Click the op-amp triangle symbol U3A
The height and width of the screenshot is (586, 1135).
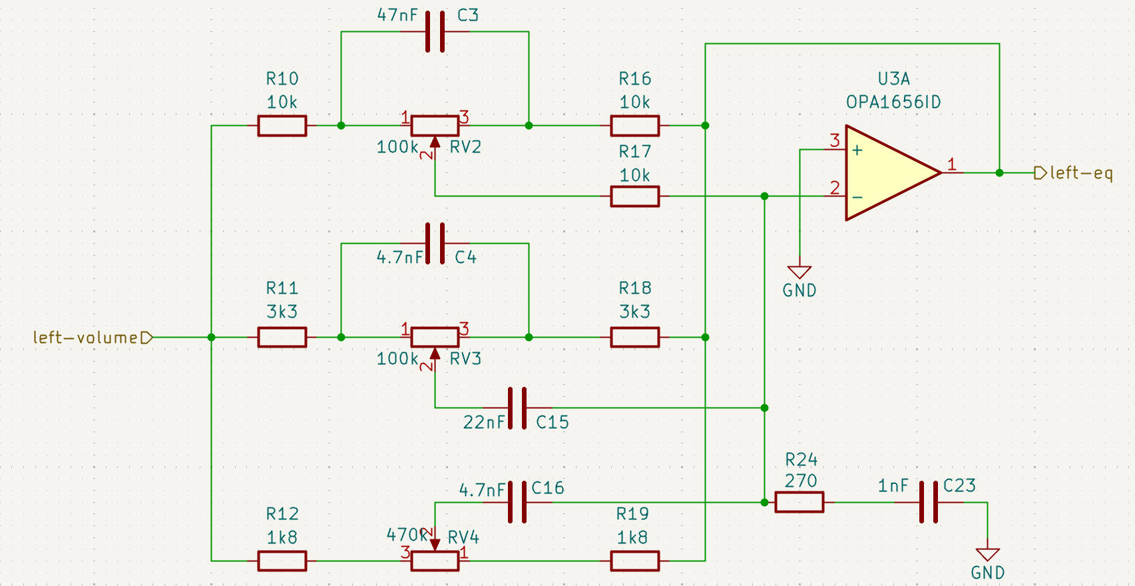[x=889, y=172]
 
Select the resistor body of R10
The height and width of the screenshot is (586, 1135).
[x=282, y=126]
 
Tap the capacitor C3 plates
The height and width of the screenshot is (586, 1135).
[x=435, y=31]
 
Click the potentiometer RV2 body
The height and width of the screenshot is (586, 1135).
[x=435, y=126]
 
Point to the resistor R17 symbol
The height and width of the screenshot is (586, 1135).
[x=635, y=196]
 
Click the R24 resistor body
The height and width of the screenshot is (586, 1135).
[x=799, y=502]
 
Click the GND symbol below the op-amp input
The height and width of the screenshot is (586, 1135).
[x=799, y=272]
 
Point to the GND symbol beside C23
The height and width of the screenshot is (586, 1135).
[x=988, y=555]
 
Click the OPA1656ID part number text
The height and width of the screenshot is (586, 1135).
[x=893, y=103]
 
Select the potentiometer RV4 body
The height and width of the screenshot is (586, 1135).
[x=435, y=561]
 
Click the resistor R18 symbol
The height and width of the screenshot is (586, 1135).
[x=635, y=338]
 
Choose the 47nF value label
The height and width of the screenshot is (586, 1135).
[x=397, y=15]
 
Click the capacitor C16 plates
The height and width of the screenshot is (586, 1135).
[x=517, y=502]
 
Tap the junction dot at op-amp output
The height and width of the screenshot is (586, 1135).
[x=999, y=173]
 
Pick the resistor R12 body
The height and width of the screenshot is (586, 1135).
[x=282, y=561]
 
